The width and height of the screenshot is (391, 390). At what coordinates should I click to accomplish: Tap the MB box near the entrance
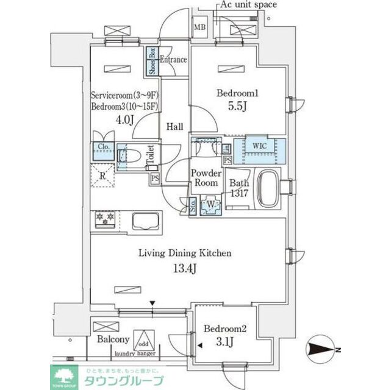(x=199, y=27)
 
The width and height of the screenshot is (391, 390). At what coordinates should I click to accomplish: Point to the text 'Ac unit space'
(x=248, y=5)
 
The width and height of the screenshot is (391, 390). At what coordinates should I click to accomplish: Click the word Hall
(x=176, y=127)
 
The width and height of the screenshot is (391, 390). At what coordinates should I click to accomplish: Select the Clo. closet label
(x=102, y=147)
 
